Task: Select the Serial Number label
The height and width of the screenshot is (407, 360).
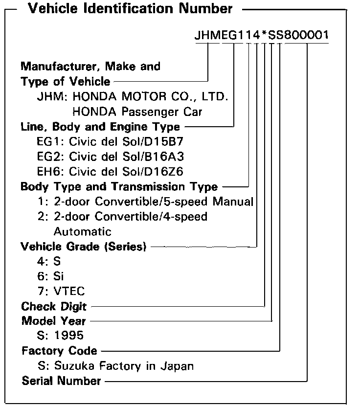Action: point(61,381)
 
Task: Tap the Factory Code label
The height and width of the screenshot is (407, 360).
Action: point(59,351)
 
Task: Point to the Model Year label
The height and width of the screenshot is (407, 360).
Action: point(53,321)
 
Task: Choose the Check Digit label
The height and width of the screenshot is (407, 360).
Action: point(54,307)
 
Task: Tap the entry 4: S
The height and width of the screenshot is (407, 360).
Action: point(48,262)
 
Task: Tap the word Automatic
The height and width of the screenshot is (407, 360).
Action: point(82,231)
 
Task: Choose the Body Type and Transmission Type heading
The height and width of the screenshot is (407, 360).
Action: point(119,187)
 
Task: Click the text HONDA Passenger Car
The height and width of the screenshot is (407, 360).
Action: point(137,112)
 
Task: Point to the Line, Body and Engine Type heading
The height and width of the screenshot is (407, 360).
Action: point(100,127)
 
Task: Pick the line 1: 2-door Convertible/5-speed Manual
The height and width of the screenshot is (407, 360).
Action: point(145,202)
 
